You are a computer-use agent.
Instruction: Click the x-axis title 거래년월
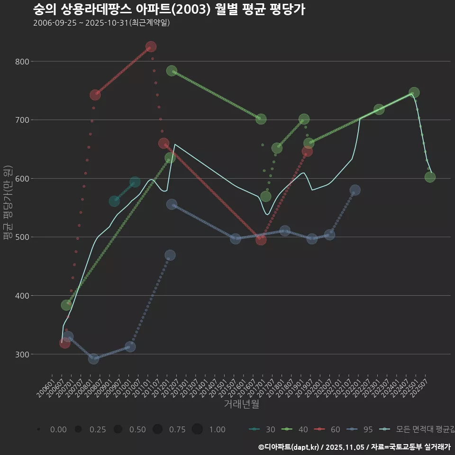pos(241,404)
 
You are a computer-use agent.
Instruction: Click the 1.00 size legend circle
pos(197,429)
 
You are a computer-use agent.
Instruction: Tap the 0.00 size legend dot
pos(38,429)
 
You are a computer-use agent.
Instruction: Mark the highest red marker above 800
pos(151,46)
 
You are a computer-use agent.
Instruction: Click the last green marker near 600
pos(430,177)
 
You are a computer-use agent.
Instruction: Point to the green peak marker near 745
pos(414,92)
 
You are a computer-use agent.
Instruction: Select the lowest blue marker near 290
pos(93,359)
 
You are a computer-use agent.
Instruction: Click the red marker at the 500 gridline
pos(261,240)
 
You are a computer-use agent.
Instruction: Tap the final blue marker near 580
pos(355,190)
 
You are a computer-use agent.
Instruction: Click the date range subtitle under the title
pos(101,23)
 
